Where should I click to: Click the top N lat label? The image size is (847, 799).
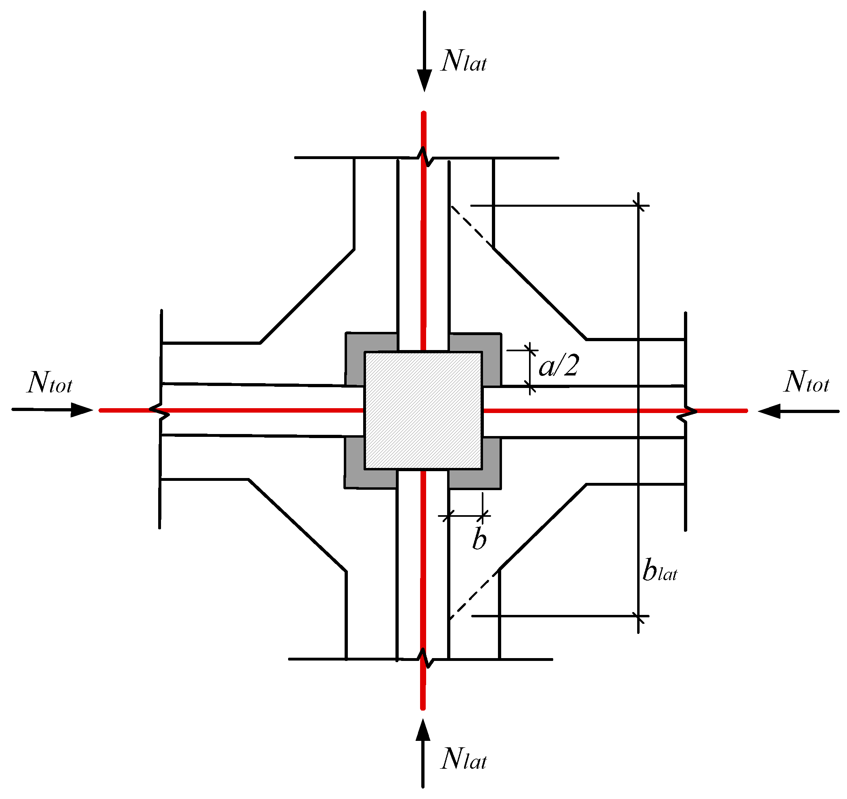click(x=464, y=62)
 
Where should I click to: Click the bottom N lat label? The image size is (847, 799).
click(x=464, y=760)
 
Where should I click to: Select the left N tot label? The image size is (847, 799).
click(x=50, y=382)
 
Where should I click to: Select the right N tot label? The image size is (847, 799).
click(x=807, y=382)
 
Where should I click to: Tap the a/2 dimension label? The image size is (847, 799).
click(x=558, y=366)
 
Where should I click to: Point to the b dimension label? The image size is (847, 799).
click(x=479, y=539)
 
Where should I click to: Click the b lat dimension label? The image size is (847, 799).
click(x=659, y=571)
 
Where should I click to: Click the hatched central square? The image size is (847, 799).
click(x=423, y=411)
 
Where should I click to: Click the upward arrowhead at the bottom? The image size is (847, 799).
click(x=422, y=731)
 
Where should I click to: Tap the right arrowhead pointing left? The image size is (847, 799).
click(x=770, y=411)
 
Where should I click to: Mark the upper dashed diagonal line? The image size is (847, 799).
click(x=472, y=226)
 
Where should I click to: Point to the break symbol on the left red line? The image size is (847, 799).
click(x=160, y=411)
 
